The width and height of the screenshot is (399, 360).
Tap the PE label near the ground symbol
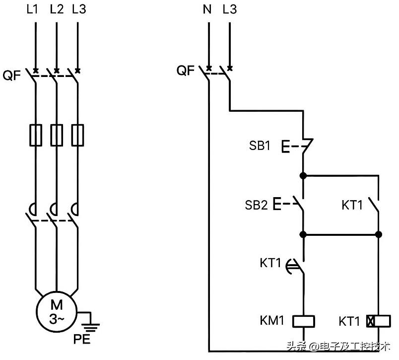coord(82,339)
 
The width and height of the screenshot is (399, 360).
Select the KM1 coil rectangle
coord(304,321)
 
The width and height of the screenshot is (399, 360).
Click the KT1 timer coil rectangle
coord(379,321)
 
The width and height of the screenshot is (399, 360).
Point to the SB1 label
coord(259,145)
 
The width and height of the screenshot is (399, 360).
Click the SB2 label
coord(256,205)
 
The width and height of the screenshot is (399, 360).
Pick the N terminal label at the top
coord(207,9)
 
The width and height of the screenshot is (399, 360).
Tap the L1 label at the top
coord(32,9)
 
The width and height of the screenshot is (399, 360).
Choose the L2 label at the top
coord(57,9)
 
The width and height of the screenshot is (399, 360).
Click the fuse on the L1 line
coord(36,135)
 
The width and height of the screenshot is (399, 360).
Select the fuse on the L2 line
coord(57,135)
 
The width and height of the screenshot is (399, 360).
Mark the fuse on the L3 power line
coord(77,135)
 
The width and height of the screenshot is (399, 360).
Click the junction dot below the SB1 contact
coord(303,176)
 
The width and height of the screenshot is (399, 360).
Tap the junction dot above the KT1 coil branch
coord(379,234)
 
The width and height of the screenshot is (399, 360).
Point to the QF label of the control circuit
coord(186,71)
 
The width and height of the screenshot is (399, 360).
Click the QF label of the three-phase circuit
coord(12,75)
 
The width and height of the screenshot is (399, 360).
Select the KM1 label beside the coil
coord(272,321)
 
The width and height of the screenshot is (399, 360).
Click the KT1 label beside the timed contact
coord(270,263)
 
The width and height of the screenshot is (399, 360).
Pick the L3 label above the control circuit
coord(230,9)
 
